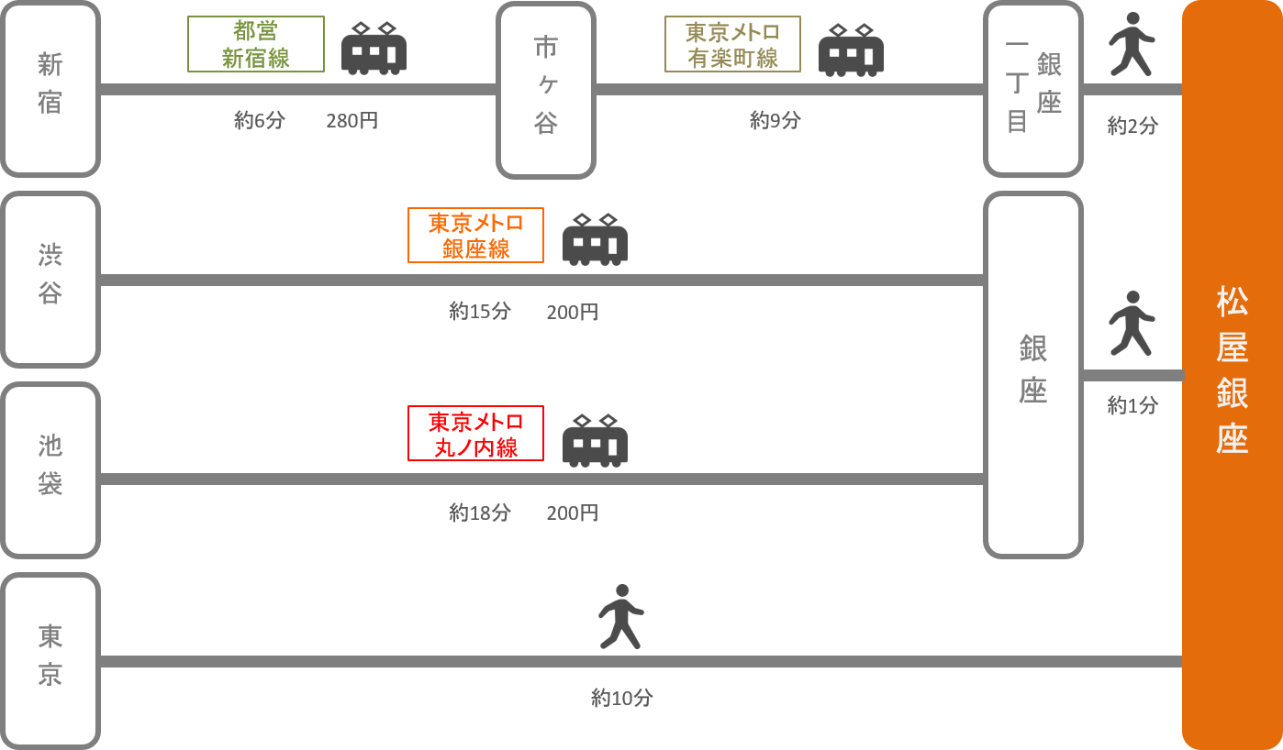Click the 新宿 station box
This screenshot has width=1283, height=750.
click(50, 89)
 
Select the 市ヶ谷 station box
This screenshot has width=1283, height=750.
click(546, 89)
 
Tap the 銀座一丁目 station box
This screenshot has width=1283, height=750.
click(1033, 89)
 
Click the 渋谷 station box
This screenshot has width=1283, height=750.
click(50, 279)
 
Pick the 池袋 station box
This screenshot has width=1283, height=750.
click(50, 470)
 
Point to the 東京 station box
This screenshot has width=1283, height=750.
click(50, 660)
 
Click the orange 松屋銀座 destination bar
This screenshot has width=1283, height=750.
click(1232, 374)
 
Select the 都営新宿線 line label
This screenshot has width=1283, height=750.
click(256, 44)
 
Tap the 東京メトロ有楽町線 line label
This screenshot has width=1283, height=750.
click(732, 44)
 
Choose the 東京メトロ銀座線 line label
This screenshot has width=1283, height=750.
click(475, 235)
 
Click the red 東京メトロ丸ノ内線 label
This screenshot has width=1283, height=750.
click(475, 434)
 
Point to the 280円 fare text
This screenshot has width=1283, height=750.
click(351, 120)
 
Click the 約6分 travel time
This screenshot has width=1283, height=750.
click(260, 120)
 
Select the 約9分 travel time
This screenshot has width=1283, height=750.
click(775, 120)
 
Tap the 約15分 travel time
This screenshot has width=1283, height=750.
click(479, 312)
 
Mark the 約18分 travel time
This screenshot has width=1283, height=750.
click(479, 513)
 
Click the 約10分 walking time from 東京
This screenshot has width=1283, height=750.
click(621, 698)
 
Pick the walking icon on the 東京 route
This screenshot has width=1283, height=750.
click(621, 616)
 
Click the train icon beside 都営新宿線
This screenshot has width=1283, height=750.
click(374, 50)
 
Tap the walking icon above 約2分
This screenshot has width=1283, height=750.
click(1132, 44)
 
